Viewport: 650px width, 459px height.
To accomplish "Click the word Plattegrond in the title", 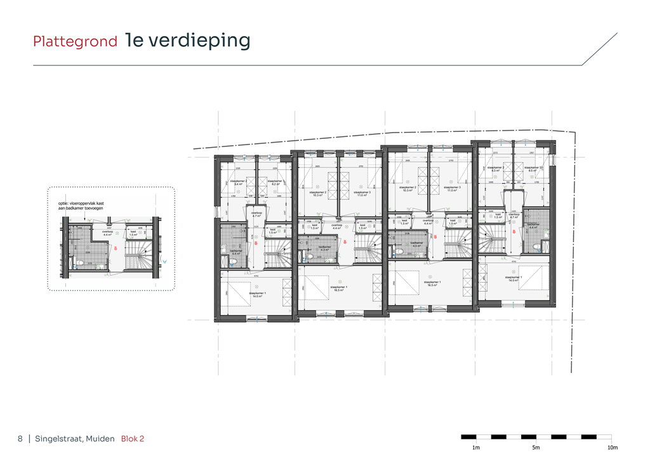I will [75, 42].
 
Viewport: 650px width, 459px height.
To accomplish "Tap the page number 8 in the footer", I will [20, 439].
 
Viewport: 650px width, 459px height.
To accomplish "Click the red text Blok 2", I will [133, 439].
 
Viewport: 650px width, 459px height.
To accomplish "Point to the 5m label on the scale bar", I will [536, 448].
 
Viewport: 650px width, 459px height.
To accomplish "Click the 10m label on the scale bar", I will [612, 448].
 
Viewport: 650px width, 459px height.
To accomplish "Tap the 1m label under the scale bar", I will [467, 448].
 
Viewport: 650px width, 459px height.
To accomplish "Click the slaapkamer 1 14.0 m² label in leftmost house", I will [257, 295].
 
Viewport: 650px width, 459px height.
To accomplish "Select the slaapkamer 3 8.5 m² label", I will [536, 169].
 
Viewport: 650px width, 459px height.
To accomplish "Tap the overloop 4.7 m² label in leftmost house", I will [256, 214].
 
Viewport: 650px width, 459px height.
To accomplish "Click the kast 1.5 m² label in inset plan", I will [133, 233].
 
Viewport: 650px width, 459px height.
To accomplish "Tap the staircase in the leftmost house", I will [277, 254].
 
